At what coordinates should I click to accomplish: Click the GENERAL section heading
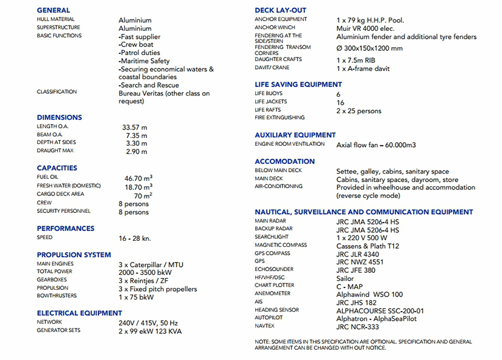[x=53, y=10]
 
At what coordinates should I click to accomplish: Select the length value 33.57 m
[x=135, y=128]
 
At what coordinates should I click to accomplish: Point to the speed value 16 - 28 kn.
[x=135, y=238]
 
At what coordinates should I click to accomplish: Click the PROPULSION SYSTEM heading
[x=74, y=255]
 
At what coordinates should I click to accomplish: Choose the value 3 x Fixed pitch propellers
[x=158, y=289]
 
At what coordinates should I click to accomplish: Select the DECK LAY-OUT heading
[x=280, y=10]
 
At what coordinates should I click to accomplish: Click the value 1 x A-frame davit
[x=363, y=69]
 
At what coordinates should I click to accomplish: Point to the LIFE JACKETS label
[x=271, y=102]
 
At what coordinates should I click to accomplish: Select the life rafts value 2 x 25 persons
[x=359, y=111]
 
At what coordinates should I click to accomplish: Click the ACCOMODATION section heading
[x=284, y=162]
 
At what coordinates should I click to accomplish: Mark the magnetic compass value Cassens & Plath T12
[x=368, y=246]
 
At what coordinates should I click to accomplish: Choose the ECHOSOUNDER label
[x=274, y=269]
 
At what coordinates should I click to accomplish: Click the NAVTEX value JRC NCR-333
[x=357, y=327]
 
